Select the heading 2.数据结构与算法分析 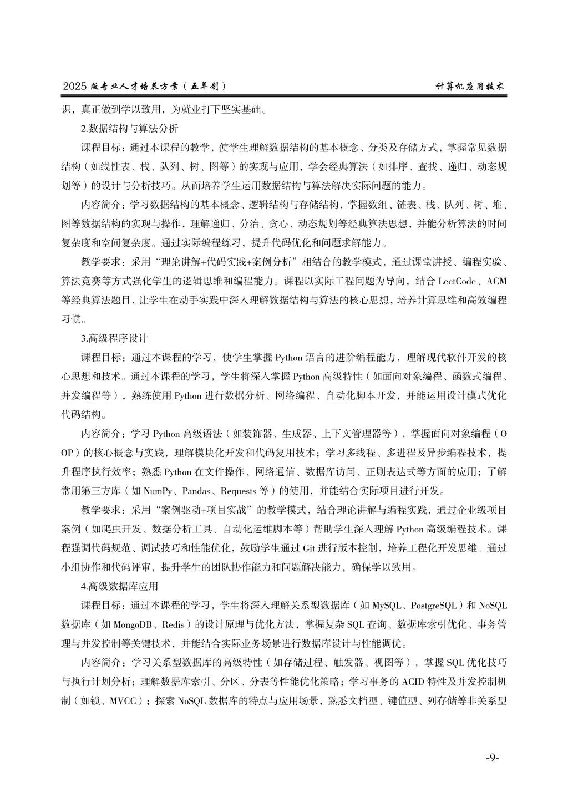(129, 128)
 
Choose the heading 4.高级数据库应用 (119, 586)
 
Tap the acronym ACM (496, 281)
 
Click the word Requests (239, 491)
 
